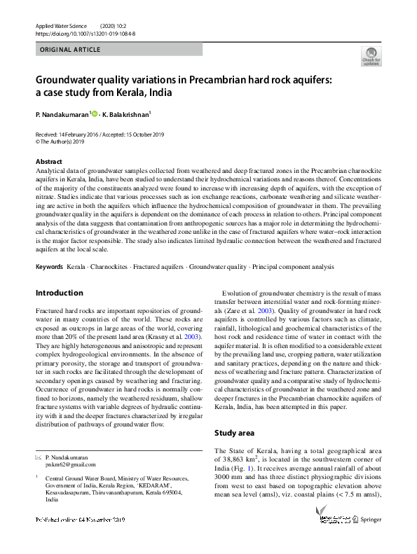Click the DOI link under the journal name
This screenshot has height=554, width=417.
click(x=86, y=33)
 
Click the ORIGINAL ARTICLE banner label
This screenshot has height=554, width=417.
click(x=70, y=50)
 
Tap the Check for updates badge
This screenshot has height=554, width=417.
click(x=371, y=57)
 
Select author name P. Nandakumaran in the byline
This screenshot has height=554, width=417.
click(x=61, y=113)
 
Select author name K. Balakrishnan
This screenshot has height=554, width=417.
click(x=127, y=113)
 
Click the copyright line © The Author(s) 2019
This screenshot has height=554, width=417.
click(x=64, y=140)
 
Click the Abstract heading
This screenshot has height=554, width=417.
click(x=48, y=162)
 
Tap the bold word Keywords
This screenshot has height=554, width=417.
click(x=49, y=267)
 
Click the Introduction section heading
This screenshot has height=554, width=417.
click(x=59, y=293)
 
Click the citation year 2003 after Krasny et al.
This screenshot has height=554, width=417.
click(x=191, y=338)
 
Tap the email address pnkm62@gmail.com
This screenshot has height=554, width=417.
click(x=70, y=464)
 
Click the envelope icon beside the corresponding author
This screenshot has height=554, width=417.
click(x=38, y=456)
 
